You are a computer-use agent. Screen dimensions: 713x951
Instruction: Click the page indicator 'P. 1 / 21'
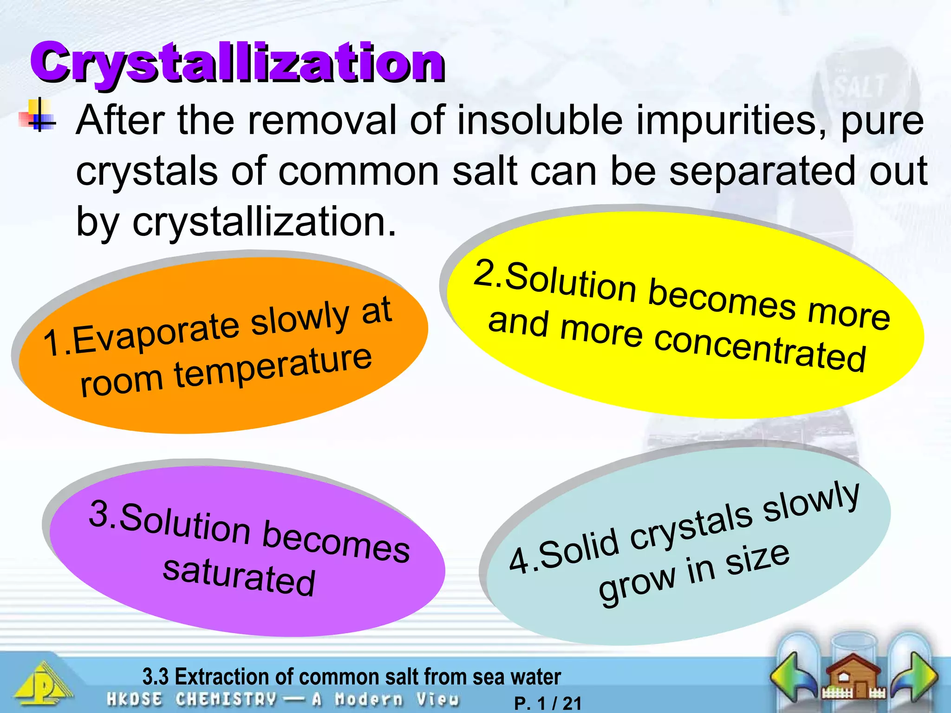pyautogui.click(x=548, y=703)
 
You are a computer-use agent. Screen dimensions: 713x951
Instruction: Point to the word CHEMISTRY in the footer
pyautogui.click(x=226, y=699)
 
